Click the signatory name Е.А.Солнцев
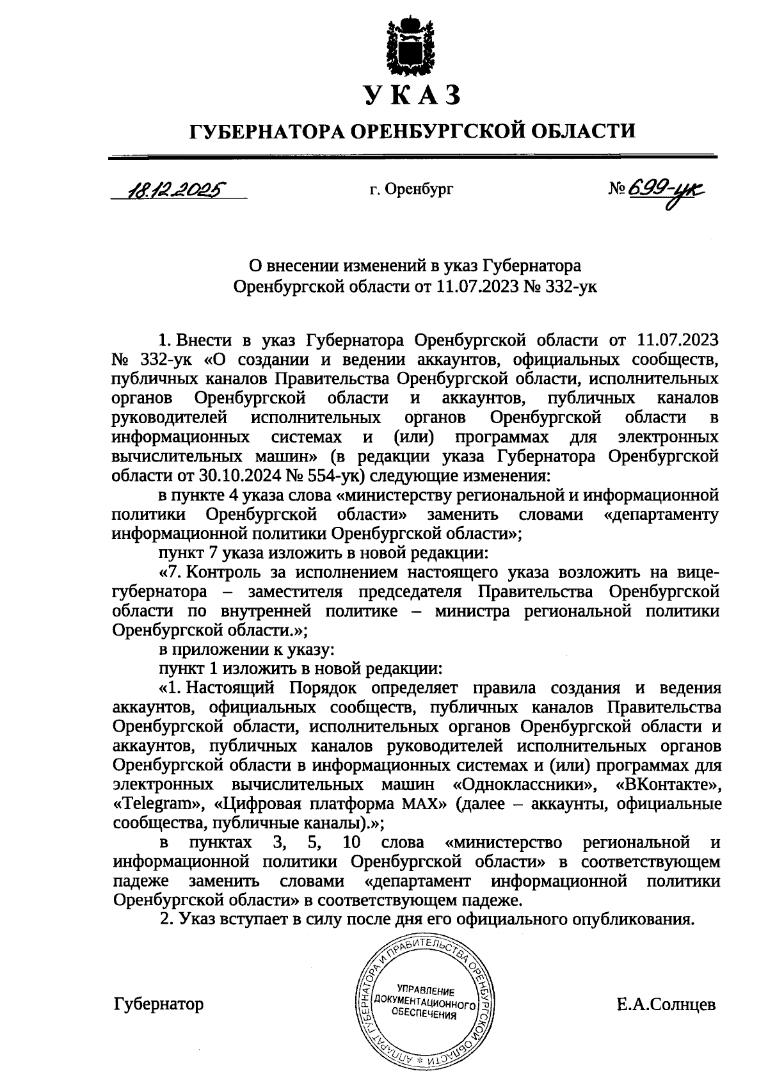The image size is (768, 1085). (666, 1004)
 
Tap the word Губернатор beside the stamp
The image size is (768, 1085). (159, 1004)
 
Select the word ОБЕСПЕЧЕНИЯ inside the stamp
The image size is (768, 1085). (423, 1015)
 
